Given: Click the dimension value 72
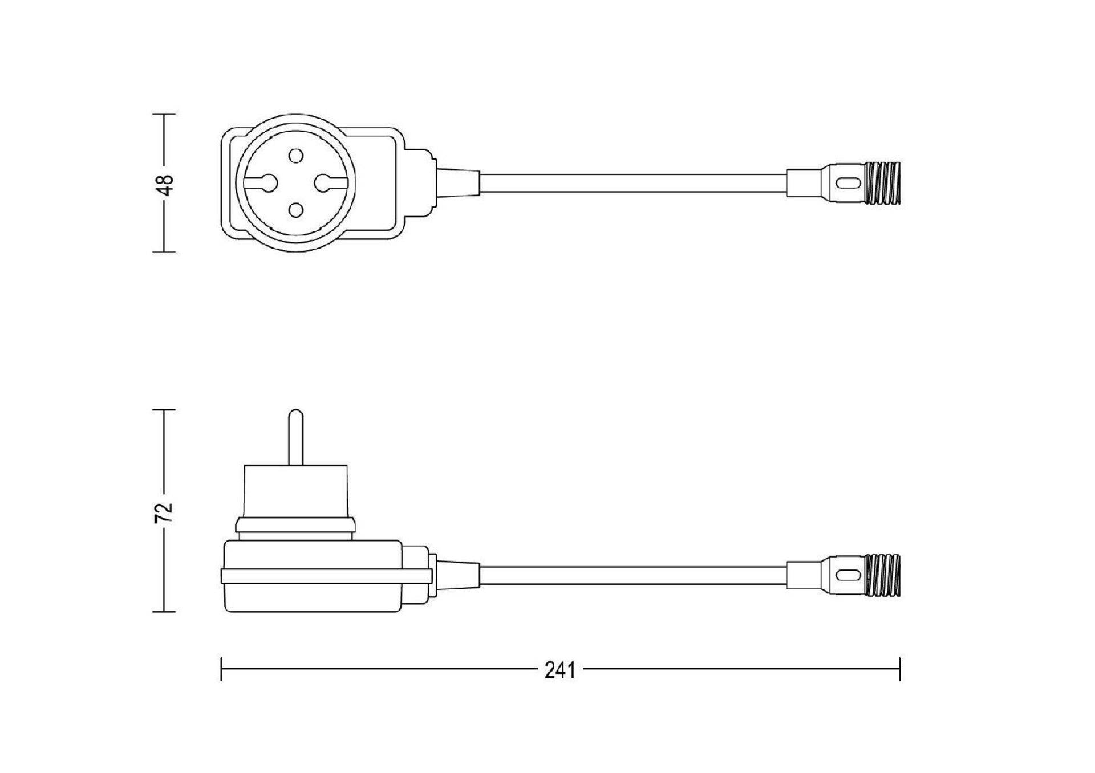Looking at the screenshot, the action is click(x=164, y=512).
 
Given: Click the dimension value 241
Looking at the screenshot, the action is click(x=560, y=670).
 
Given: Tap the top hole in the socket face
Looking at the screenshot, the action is click(x=295, y=155).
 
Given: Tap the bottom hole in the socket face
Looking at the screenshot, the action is click(x=295, y=210).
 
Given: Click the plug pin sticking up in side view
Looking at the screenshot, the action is click(x=295, y=437).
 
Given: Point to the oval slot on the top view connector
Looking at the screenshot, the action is click(x=849, y=184).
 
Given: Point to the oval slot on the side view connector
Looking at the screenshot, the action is click(x=849, y=575).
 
